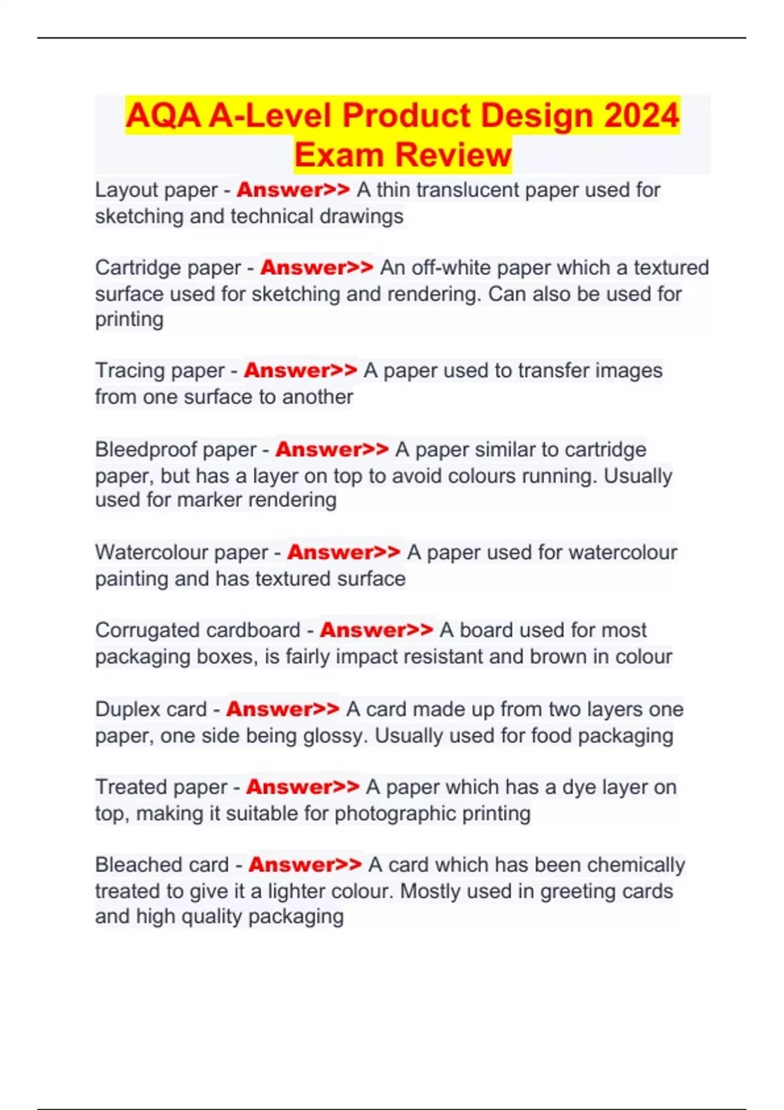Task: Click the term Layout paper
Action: [156, 190]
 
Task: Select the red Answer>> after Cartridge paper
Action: [317, 268]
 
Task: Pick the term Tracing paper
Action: [160, 371]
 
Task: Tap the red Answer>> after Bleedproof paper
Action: [332, 449]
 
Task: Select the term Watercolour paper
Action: [182, 552]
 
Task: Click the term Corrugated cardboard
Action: [197, 630]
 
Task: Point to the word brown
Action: [559, 656]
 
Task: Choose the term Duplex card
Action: [151, 709]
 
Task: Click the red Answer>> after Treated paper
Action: [302, 787]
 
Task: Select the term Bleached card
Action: [162, 864]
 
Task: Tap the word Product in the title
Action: [406, 116]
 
